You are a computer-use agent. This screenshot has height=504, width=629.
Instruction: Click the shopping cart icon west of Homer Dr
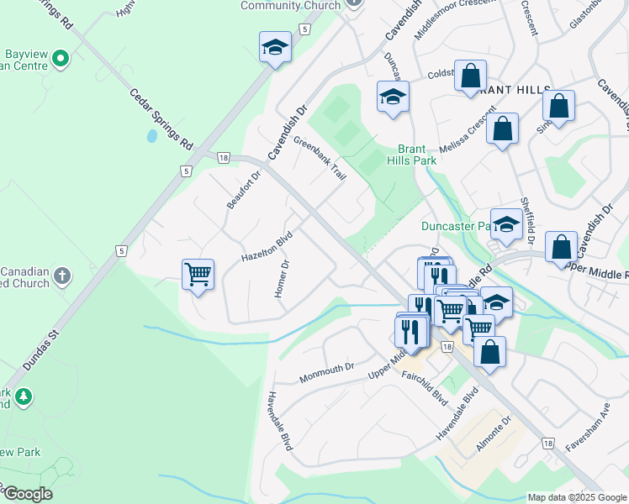pos(198,274)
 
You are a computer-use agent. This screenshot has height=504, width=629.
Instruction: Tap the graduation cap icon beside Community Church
pos(275,47)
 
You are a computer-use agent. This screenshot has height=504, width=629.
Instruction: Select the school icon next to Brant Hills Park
pos(393,97)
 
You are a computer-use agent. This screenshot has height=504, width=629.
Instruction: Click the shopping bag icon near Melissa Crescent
pos(502,129)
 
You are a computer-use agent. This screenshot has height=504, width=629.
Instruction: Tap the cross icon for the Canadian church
pos(61,275)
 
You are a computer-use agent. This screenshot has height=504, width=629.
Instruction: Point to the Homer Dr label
pos(282,278)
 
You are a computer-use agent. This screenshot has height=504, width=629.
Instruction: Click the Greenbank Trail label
pos(320,158)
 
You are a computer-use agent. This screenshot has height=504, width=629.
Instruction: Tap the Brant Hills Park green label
pos(406,153)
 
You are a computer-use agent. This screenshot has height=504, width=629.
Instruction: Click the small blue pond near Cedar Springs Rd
pos(151,135)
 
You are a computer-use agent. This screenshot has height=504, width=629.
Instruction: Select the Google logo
pos(27,494)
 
